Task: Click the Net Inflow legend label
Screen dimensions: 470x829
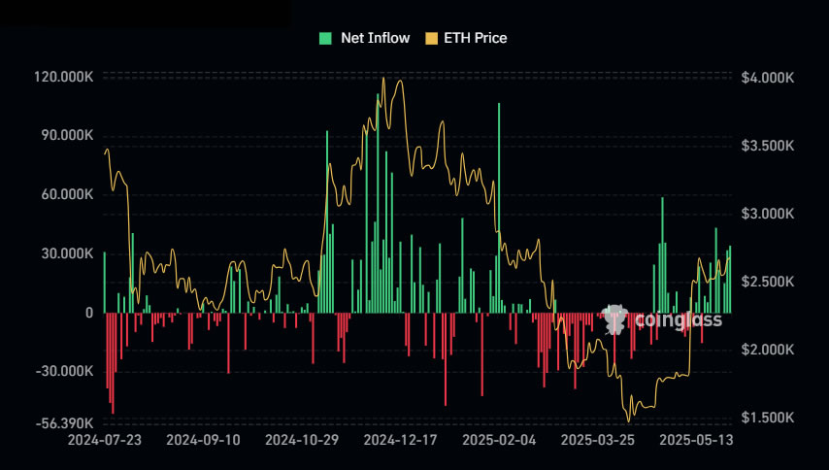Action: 375,38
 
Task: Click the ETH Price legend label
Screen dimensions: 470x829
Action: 475,38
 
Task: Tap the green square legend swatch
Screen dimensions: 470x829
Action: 325,38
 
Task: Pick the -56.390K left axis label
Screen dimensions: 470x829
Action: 64,424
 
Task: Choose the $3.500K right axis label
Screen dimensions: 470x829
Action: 767,146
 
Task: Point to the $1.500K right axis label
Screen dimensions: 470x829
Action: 767,418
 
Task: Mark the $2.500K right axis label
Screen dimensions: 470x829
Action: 767,282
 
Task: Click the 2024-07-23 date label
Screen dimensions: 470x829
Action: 105,440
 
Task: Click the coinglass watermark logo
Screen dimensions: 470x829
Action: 662,319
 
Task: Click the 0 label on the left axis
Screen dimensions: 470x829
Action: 88,313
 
